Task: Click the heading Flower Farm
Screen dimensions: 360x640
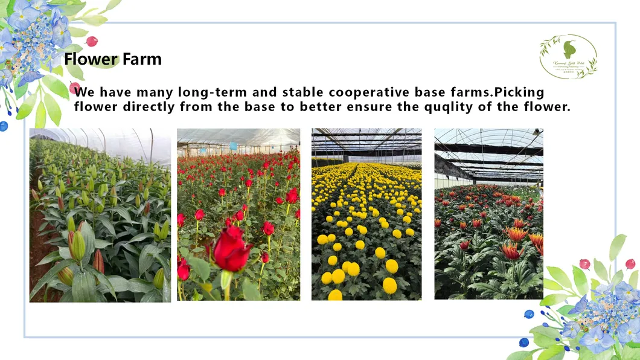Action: point(113,59)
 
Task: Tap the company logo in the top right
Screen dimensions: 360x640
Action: point(568,56)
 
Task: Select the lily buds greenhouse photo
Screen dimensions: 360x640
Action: point(100,215)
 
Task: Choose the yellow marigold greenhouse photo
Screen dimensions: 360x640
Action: point(366,214)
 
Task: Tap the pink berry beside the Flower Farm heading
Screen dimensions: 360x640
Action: point(92,42)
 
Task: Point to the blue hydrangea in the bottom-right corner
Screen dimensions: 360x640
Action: point(604,314)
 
